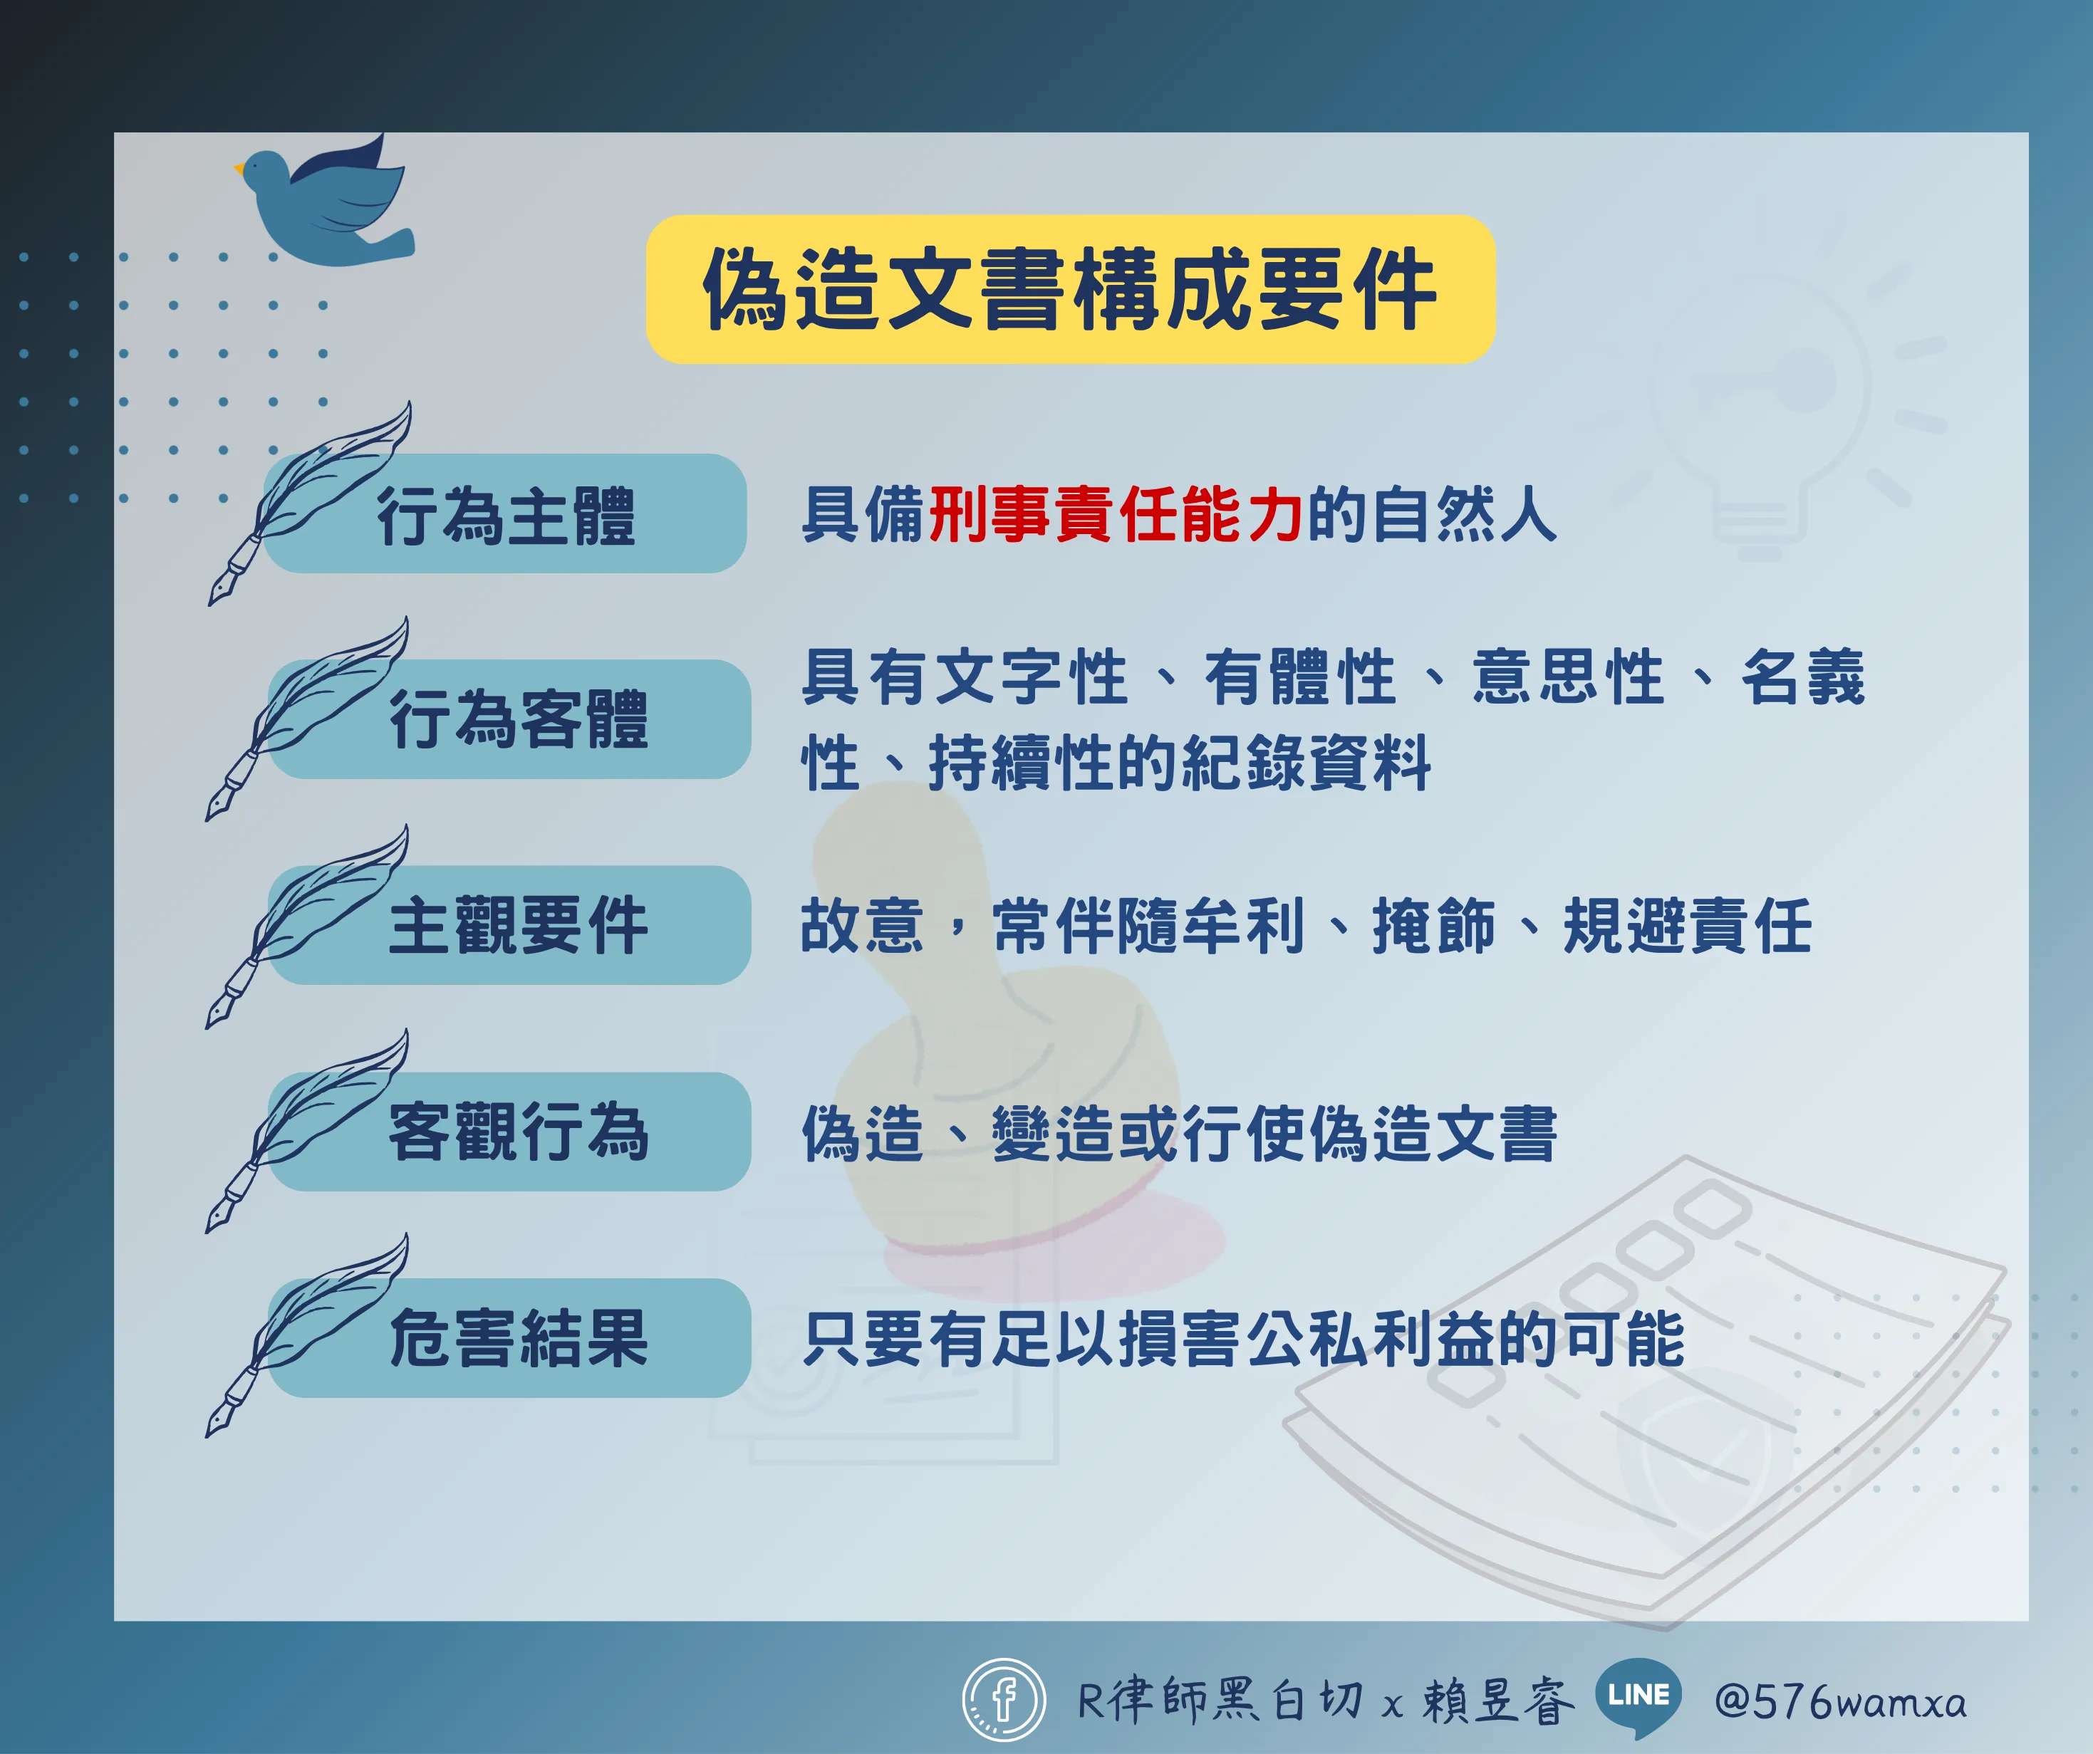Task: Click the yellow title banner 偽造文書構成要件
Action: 1071,289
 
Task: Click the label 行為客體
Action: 519,719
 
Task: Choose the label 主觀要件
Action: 519,925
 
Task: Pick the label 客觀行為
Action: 519,1131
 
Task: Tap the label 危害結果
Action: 519,1337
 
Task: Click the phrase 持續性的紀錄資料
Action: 1180,763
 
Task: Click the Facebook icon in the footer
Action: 1004,1700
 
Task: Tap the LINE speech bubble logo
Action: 1638,1697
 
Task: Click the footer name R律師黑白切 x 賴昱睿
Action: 1326,1700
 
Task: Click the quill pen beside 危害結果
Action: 307,1335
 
